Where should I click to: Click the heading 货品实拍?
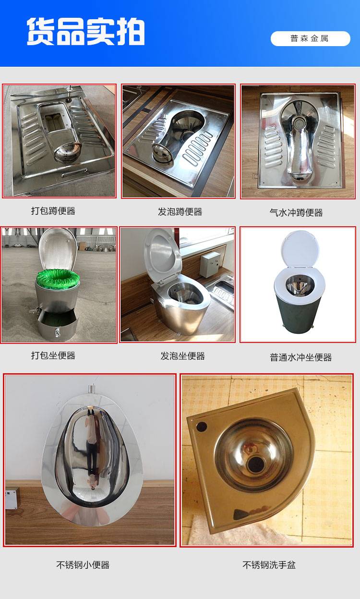(x=86, y=32)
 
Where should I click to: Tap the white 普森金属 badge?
(x=310, y=38)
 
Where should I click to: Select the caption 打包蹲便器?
(x=53, y=211)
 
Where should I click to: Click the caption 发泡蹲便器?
(x=180, y=212)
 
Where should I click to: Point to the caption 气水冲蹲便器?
(x=296, y=213)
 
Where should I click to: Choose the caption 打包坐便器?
(x=53, y=355)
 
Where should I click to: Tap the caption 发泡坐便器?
(x=182, y=356)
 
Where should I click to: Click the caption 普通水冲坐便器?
(x=300, y=357)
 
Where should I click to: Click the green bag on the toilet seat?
(x=58, y=278)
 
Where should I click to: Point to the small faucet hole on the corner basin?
(x=202, y=426)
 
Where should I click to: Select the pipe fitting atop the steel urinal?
(x=92, y=389)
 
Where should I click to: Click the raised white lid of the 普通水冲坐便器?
(x=300, y=248)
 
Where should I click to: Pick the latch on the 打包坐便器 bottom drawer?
(x=57, y=332)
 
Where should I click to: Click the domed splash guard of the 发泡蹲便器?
(x=162, y=153)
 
